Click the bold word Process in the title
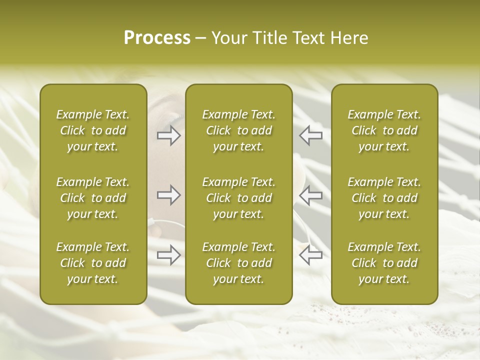(157, 38)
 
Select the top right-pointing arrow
(168, 135)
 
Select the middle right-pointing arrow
(168, 195)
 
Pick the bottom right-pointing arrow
(168, 255)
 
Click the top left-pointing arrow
(310, 135)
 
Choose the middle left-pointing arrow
(310, 195)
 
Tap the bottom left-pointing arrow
(310, 255)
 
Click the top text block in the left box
(93, 130)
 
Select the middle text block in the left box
(93, 198)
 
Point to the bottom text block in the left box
(93, 263)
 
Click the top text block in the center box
(238, 130)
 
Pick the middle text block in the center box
(238, 198)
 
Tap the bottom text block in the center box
(238, 263)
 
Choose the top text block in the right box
(384, 130)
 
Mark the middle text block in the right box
(384, 198)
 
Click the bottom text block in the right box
(384, 263)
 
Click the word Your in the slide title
(228, 38)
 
